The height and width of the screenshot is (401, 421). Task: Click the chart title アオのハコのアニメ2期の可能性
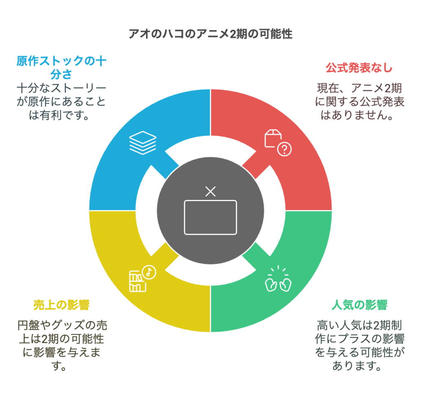pos(210,34)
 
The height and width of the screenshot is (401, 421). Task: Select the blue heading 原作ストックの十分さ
pos(61,67)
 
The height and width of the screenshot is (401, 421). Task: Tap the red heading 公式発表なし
pos(359,68)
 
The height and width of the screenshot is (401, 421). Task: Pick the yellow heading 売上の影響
pos(62,305)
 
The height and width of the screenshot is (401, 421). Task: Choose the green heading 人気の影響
pos(359,305)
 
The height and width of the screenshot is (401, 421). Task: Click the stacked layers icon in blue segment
pos(143,143)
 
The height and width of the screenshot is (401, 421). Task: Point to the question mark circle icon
pos(285,149)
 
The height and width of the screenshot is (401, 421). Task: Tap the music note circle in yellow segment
pos(149,272)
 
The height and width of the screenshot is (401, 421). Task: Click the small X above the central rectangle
pos(210,192)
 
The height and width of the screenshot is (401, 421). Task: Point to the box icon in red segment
pos(273,139)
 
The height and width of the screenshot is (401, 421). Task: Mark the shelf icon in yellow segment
pos(137,281)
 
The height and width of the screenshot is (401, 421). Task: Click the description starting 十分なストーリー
pos(61,102)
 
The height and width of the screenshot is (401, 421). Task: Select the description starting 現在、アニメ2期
pos(359,102)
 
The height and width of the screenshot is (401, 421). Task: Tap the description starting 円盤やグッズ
pos(62,345)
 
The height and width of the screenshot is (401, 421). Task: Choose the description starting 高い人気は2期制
pos(359,345)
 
